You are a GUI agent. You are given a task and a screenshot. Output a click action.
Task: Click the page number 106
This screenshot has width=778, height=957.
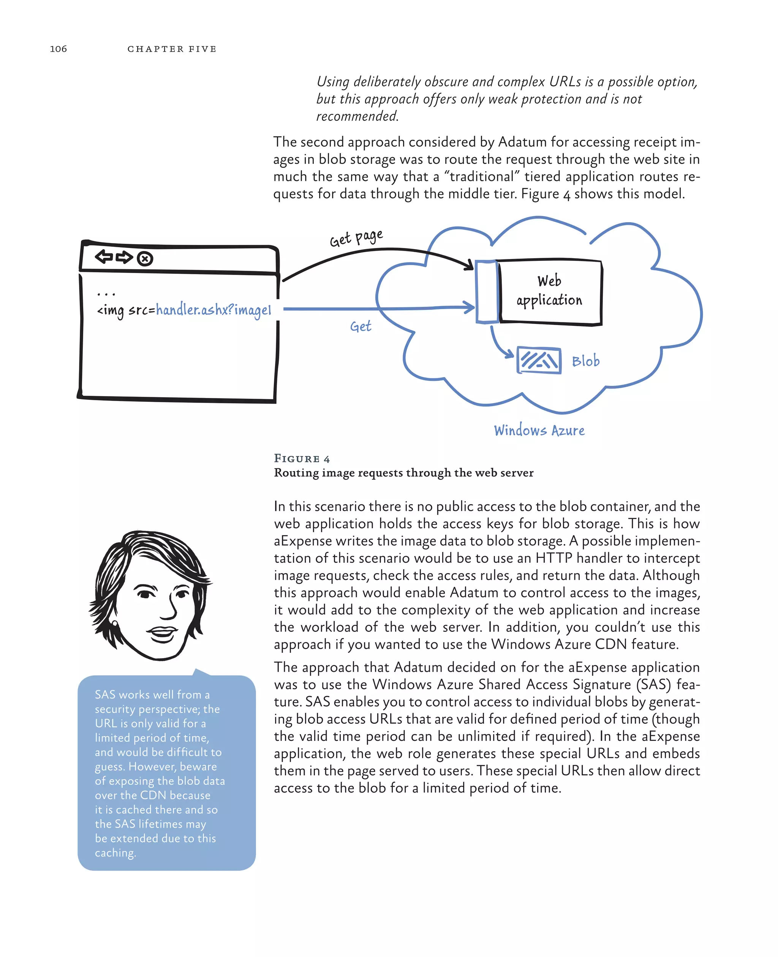[58, 49]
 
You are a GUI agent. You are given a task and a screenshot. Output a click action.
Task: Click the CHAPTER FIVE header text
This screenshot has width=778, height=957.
[172, 49]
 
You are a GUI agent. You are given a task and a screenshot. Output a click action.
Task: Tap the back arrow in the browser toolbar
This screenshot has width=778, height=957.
[104, 257]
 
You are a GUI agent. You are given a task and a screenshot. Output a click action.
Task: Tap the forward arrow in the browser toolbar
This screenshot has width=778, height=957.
[124, 257]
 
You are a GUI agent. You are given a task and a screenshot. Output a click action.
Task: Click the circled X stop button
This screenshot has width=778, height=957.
[145, 259]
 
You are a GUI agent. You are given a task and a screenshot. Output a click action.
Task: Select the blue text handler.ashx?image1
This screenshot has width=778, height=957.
[213, 310]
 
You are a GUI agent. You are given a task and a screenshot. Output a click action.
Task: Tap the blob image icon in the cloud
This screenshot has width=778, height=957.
[539, 360]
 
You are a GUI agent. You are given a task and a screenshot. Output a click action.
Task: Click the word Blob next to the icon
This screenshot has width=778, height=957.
[585, 361]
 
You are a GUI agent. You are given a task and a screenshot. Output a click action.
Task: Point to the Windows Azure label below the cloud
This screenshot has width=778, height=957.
[539, 430]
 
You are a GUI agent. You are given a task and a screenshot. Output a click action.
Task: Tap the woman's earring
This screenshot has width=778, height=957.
[115, 623]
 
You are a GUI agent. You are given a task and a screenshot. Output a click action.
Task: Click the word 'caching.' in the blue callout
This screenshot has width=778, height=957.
[115, 853]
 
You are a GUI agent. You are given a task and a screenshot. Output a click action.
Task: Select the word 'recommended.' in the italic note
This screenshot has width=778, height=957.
[357, 116]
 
